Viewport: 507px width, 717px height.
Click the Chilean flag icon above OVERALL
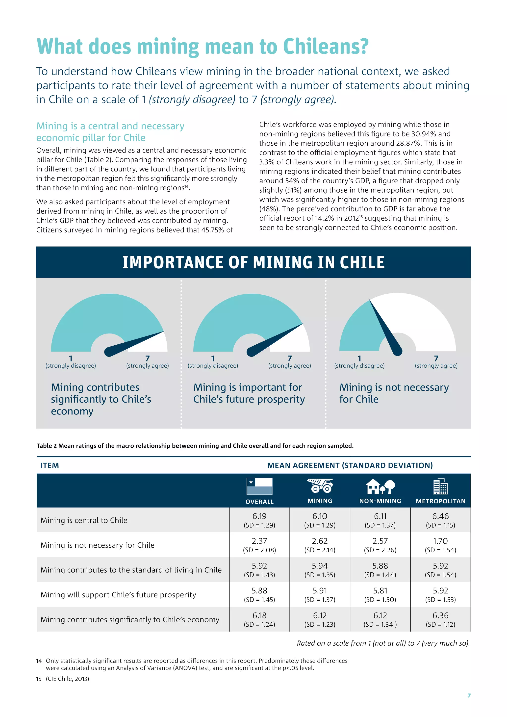pyautogui.click(x=259, y=486)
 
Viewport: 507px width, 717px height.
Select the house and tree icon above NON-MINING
pyautogui.click(x=380, y=486)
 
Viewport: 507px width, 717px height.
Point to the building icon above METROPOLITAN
pyautogui.click(x=440, y=486)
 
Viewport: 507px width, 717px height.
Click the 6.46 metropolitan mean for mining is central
pyautogui.click(x=440, y=516)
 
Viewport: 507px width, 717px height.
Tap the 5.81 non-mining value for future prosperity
pyautogui.click(x=380, y=590)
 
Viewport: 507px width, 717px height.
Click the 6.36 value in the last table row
pyautogui.click(x=440, y=615)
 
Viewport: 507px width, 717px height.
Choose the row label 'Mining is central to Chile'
pyautogui.click(x=84, y=520)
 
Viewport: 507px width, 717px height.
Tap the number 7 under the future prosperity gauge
pyautogui.click(x=290, y=358)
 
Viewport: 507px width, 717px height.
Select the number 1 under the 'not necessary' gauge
pyautogui.click(x=359, y=358)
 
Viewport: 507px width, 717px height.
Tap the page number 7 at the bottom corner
pyautogui.click(x=469, y=695)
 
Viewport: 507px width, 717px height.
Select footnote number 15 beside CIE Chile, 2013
pyautogui.click(x=39, y=679)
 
